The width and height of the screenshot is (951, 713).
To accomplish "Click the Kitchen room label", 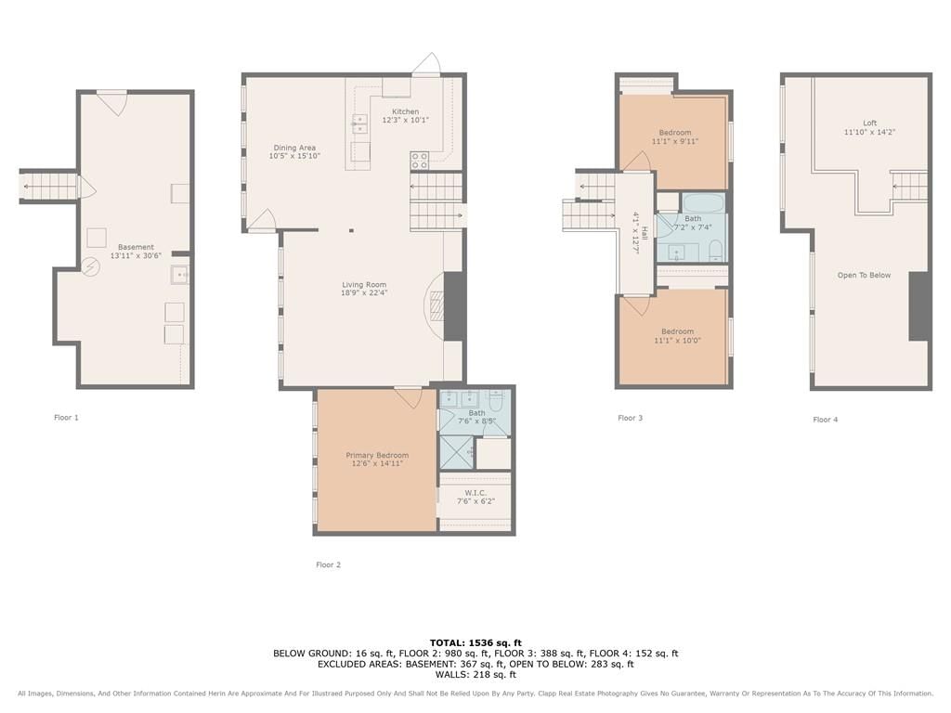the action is [405, 111].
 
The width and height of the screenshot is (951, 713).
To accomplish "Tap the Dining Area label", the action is [294, 148].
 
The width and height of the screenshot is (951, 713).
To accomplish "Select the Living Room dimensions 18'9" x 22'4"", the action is [364, 292].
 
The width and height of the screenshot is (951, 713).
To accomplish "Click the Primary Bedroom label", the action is [377, 455].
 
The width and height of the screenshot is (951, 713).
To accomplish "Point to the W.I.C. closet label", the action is [476, 493].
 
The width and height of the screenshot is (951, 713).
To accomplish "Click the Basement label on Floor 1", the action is [136, 247].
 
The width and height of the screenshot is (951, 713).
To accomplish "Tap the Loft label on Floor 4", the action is [869, 123].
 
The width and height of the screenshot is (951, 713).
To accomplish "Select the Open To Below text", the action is [865, 275].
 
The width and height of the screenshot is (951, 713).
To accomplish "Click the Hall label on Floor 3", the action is [645, 233].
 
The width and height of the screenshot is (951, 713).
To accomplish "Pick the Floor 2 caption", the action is [328, 564].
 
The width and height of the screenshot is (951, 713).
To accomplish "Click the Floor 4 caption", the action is [826, 420].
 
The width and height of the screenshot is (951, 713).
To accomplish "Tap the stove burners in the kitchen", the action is [419, 160].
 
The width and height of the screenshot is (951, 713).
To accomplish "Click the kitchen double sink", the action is [359, 123].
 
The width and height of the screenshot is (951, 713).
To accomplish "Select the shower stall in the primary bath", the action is [456, 452].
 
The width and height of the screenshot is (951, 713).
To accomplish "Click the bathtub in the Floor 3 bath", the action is [704, 202].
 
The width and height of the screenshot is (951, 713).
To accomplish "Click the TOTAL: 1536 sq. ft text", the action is [475, 642].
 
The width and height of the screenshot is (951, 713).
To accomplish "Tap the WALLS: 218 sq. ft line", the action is [475, 674].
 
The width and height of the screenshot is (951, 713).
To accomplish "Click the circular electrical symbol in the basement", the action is [90, 266].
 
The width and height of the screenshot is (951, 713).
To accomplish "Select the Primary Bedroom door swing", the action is [409, 396].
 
